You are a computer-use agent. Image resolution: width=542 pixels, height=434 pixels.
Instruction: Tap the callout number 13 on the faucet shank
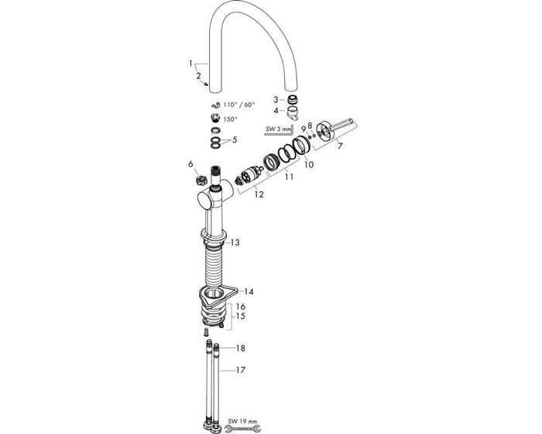[235, 243]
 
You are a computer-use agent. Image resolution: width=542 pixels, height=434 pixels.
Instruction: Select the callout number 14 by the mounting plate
[249, 292]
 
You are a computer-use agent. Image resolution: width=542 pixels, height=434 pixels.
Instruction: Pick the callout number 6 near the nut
[190, 164]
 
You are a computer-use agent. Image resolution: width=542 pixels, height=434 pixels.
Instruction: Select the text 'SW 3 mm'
[277, 129]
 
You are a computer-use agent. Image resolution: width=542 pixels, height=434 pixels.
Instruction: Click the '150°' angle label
[231, 119]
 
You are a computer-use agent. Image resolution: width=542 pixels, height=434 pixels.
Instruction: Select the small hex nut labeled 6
[198, 178]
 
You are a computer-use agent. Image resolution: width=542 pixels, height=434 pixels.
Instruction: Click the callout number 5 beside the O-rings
[235, 140]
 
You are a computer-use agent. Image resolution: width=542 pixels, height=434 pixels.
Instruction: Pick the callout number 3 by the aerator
[275, 99]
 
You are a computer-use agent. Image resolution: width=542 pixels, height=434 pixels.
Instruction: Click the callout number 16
[240, 307]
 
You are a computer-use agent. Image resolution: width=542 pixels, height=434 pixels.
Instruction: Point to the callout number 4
[275, 110]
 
